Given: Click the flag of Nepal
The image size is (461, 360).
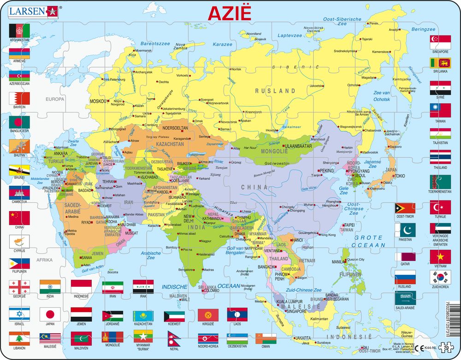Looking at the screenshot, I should (x=173, y=339).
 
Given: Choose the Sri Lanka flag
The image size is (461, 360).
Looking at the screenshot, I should (x=440, y=63).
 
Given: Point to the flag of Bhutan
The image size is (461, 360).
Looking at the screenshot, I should (x=19, y=147).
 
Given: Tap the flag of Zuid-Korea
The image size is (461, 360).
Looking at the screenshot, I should (x=440, y=277).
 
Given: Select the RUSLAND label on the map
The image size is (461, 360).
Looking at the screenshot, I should (x=276, y=91).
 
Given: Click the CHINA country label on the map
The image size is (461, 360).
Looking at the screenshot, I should (x=254, y=187).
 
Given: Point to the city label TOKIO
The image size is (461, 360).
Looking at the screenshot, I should (x=399, y=176).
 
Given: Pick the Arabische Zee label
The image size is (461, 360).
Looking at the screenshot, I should (x=150, y=255).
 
